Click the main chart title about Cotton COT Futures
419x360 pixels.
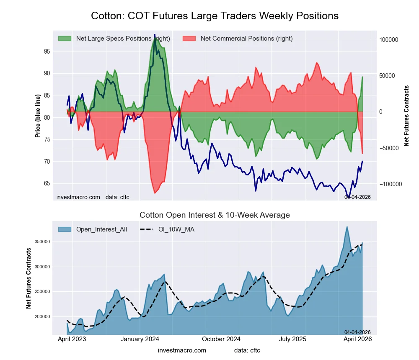pos(215,16)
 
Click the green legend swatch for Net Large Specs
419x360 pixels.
pos(65,39)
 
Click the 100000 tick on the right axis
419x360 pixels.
pos(388,40)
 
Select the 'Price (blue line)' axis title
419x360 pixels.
pos(38,115)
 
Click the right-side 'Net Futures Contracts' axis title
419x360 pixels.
pos(406,116)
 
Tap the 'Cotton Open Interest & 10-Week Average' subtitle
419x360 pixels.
pos(215,215)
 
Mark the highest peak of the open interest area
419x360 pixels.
pos(347,227)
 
